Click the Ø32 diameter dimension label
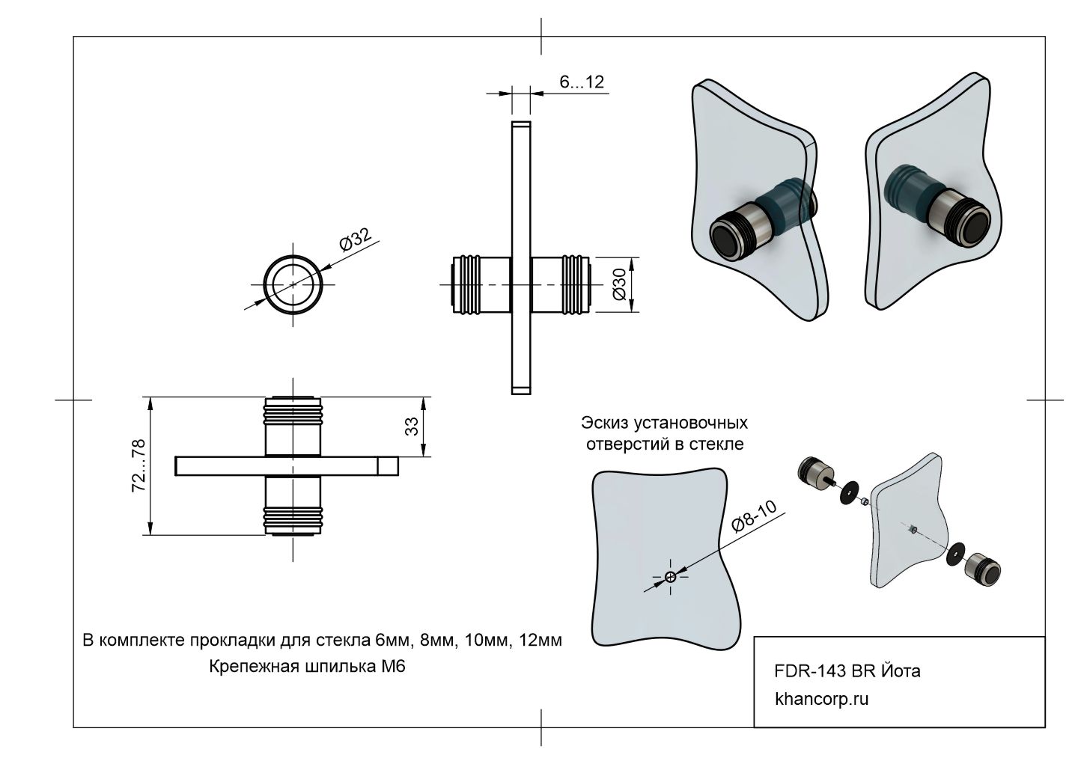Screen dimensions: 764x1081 [356, 242]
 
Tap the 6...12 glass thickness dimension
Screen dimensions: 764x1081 [582, 82]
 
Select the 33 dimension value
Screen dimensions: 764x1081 [411, 427]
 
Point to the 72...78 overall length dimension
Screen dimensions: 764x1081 [138, 465]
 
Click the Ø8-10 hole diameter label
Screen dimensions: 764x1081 [754, 517]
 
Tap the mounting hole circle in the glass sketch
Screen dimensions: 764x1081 [670, 576]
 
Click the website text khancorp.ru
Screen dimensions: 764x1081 [822, 700]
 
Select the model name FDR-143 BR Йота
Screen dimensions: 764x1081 [847, 671]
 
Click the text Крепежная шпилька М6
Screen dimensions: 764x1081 [307, 666]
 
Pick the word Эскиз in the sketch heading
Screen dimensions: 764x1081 [605, 423]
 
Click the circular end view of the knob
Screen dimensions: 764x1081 [293, 286]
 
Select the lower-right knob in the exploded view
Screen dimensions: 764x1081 [984, 571]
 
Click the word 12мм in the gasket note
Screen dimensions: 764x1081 [539, 641]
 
